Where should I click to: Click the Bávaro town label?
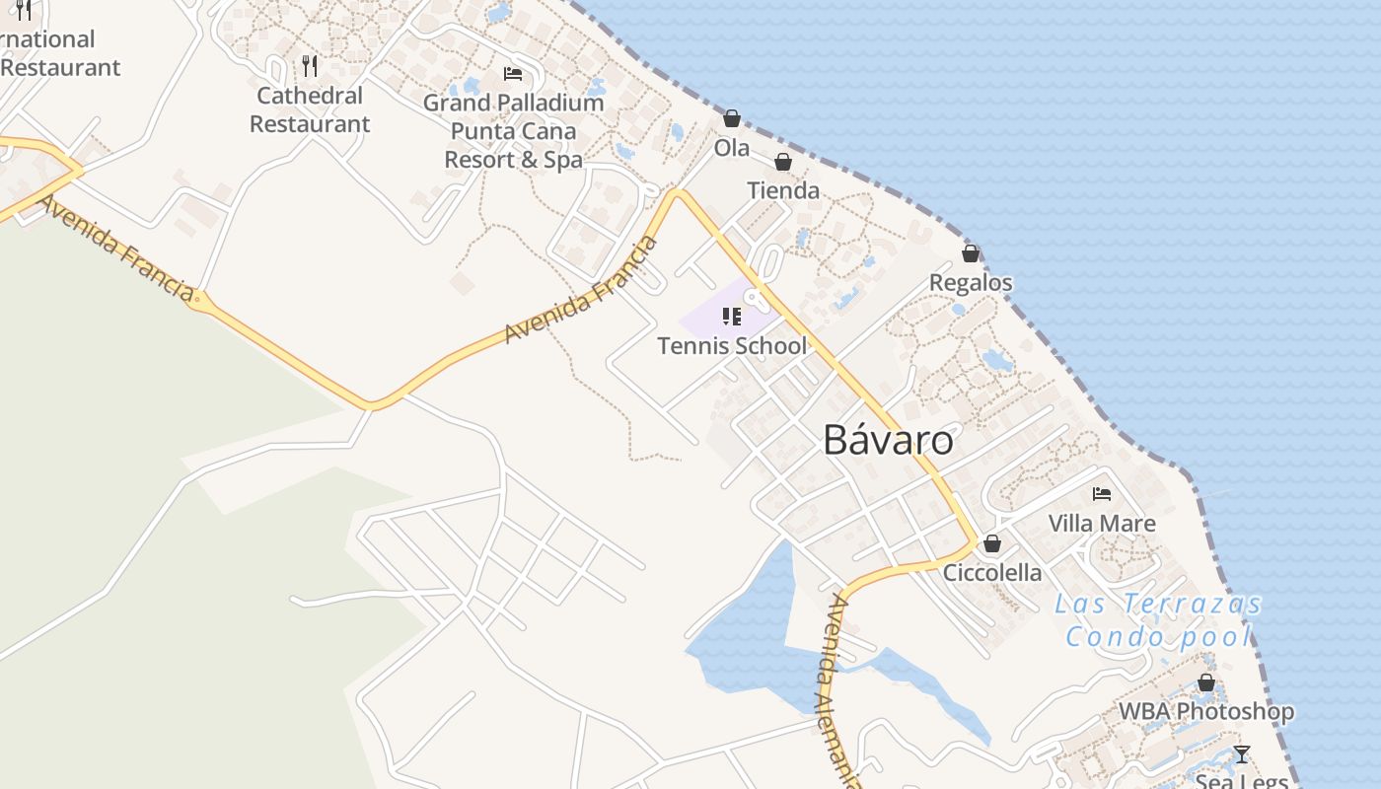(888, 441)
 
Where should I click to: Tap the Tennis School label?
(732, 346)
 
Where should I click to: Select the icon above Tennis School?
(732, 316)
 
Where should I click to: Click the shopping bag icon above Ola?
(732, 119)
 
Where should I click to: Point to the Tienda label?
(783, 190)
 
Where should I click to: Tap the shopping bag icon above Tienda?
(783, 162)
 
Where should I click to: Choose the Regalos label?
(971, 283)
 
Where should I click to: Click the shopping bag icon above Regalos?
(971, 253)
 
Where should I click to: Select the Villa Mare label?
(1102, 523)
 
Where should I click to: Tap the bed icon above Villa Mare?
(1102, 494)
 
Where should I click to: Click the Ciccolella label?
(992, 573)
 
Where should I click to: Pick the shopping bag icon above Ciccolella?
(992, 543)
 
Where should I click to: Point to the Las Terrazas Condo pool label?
(1159, 620)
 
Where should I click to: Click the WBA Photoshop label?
(1206, 711)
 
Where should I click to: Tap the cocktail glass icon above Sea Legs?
(1242, 754)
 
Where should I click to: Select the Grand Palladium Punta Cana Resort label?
(513, 131)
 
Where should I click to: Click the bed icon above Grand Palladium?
(513, 74)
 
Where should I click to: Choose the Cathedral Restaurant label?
(310, 109)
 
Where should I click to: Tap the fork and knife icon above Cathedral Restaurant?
(310, 66)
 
